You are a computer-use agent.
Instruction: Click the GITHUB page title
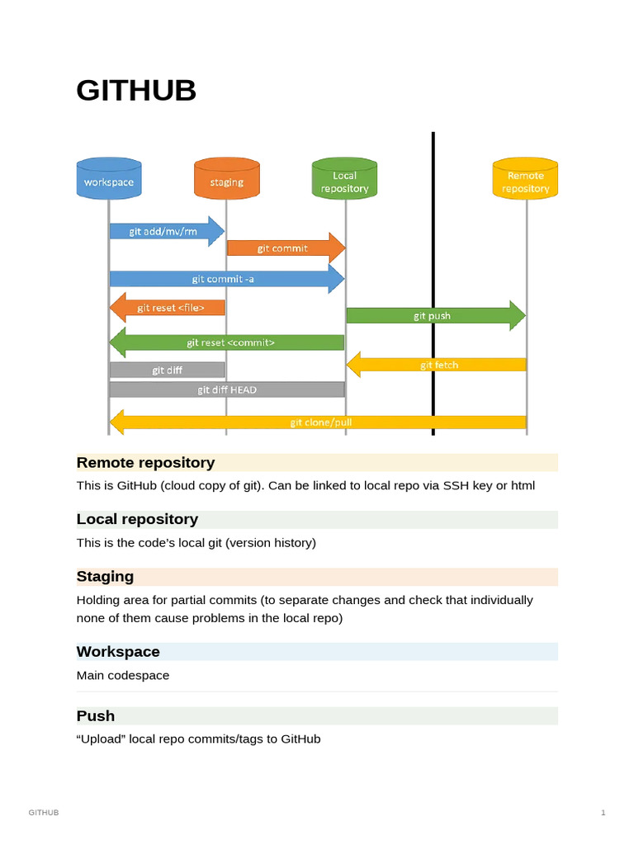point(136,90)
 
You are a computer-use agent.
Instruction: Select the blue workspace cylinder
point(108,179)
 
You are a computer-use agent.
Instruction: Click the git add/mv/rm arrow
point(165,232)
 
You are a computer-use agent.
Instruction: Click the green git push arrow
point(434,315)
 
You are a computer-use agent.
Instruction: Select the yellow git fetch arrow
point(438,364)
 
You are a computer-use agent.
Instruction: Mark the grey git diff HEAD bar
point(227,389)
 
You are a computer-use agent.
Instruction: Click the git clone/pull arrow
point(319,422)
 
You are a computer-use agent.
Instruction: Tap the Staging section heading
point(105,576)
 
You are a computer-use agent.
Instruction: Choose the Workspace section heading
point(118,652)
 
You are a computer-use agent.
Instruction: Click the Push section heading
point(96,716)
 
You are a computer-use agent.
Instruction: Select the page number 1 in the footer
point(603,814)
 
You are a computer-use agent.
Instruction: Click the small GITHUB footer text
point(44,814)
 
